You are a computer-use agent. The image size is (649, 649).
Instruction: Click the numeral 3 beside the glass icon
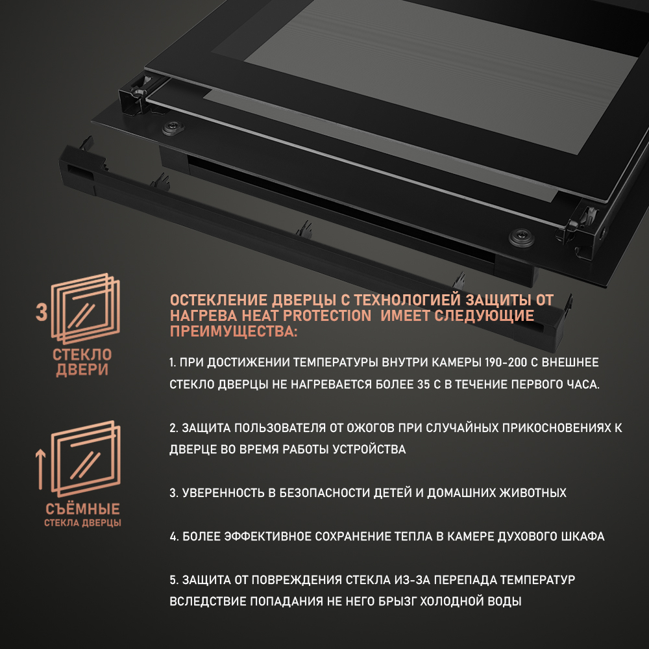point(42,312)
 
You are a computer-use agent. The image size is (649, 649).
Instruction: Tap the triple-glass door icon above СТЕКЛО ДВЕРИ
point(85,309)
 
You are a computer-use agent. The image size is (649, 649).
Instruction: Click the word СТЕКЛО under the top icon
point(82,355)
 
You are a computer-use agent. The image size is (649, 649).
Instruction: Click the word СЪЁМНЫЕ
point(83,509)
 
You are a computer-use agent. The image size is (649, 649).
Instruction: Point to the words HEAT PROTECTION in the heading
point(306,316)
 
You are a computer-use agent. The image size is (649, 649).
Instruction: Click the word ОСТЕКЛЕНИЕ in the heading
point(219,300)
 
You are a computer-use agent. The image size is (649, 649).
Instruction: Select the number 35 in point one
point(423,385)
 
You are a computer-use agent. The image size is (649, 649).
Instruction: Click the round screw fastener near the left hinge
point(173,128)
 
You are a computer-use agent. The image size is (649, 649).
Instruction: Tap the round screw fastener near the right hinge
point(521,236)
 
